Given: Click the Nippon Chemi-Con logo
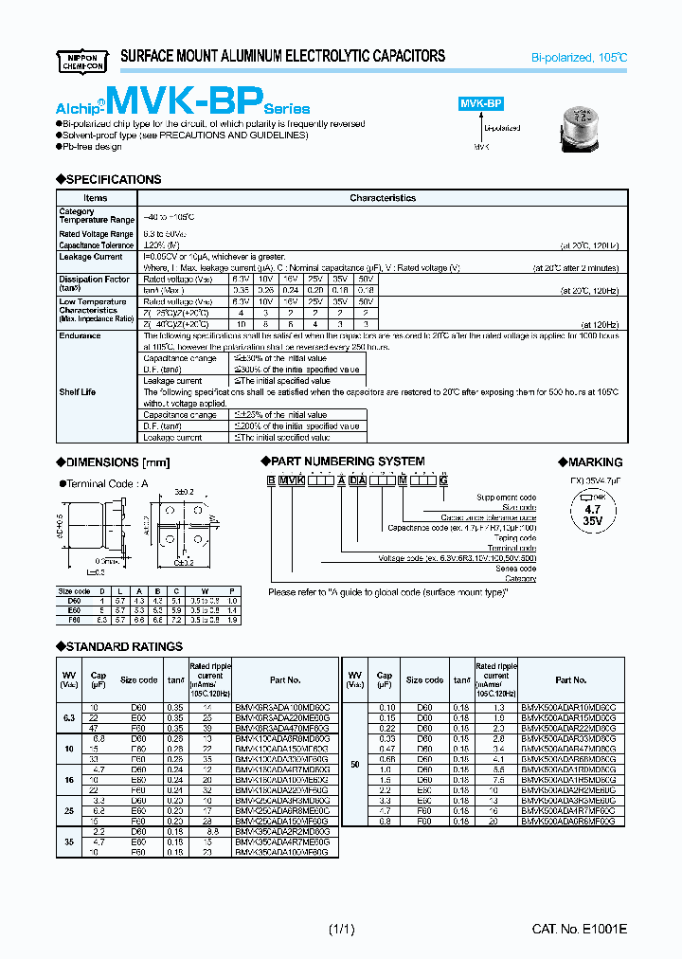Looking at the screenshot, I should pos(84,60).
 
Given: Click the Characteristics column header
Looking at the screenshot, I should pos(383,198).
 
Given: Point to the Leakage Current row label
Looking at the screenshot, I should pos(91,257).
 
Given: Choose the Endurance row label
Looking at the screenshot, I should pos(80,335).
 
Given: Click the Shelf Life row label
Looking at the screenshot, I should pos(78,391).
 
